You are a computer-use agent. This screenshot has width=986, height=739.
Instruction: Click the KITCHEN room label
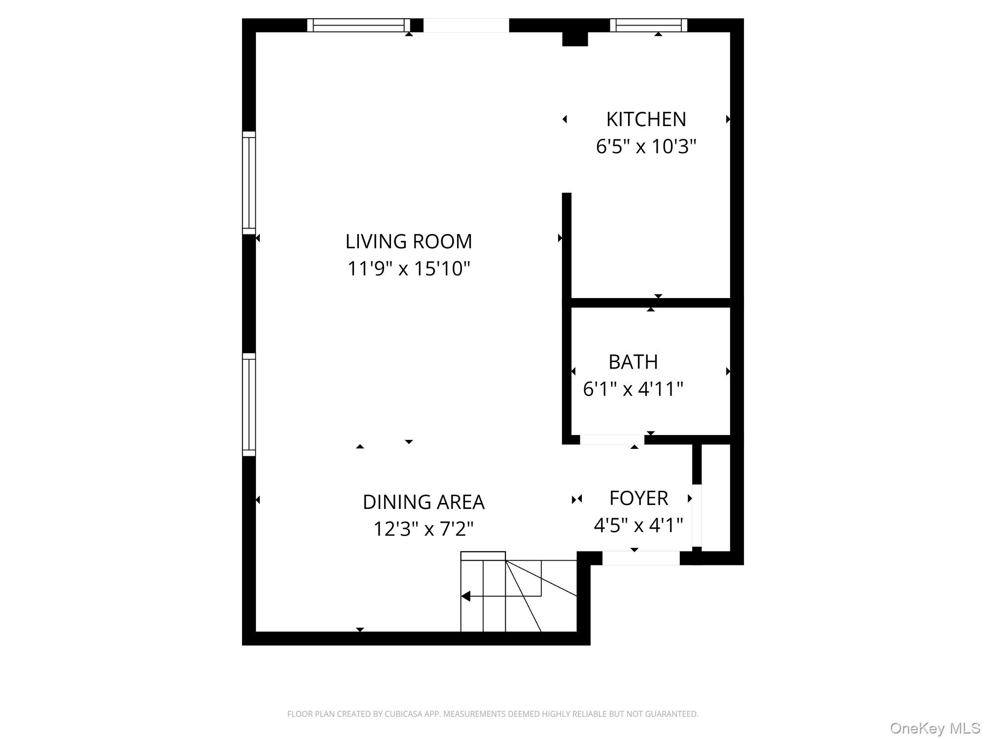[646, 119]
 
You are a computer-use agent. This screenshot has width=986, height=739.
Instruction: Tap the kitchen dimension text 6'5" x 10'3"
[646, 146]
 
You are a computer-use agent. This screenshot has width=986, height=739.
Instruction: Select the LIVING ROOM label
[409, 241]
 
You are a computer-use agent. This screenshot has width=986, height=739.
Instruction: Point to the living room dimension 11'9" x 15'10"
[409, 269]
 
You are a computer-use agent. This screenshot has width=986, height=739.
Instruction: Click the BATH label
[633, 362]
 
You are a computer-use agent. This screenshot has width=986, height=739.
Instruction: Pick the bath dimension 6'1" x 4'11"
[633, 389]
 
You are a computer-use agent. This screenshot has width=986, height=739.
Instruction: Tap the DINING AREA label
[423, 502]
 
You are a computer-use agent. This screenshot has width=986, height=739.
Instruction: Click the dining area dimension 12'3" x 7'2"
[423, 529]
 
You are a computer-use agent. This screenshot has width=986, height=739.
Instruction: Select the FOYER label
[638, 498]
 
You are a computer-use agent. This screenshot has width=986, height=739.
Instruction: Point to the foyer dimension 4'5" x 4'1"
[638, 525]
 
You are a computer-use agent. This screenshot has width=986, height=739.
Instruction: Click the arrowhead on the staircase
[465, 596]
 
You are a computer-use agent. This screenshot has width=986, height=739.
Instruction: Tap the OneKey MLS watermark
[935, 728]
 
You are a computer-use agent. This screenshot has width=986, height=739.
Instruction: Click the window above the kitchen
[649, 25]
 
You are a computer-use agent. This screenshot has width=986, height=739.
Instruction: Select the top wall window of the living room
[358, 25]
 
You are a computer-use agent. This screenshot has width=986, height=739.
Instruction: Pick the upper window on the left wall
[249, 183]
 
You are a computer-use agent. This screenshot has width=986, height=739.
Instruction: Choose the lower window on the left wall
[249, 404]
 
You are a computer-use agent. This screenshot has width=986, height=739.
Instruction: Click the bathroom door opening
[612, 440]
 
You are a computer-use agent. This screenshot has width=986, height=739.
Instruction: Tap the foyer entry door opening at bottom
[641, 558]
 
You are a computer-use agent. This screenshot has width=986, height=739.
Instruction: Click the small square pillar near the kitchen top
[575, 39]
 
